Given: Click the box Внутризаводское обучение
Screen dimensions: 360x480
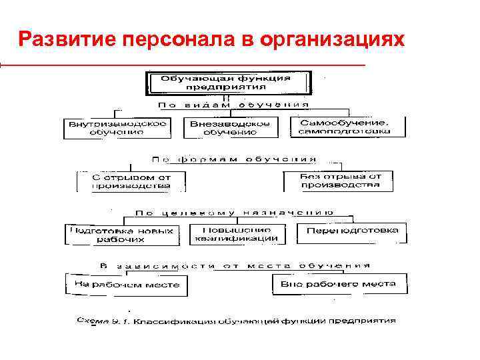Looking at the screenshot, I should click(116, 128).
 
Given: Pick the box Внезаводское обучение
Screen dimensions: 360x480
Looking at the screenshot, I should click(230, 128).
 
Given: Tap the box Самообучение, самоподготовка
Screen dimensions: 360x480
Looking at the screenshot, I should click(348, 127).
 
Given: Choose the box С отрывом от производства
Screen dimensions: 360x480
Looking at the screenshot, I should click(131, 182).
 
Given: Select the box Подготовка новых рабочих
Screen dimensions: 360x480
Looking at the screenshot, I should click(121, 235).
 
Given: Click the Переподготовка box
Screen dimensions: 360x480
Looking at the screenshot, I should click(352, 231).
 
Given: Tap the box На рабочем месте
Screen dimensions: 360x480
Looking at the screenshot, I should click(126, 285).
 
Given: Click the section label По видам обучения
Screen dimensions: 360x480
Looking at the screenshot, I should click(233, 105).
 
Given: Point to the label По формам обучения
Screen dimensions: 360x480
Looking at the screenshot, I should click(233, 160).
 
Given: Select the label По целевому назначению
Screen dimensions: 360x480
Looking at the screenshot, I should click(233, 213).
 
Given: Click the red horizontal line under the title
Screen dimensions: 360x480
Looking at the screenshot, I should click(183, 65).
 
